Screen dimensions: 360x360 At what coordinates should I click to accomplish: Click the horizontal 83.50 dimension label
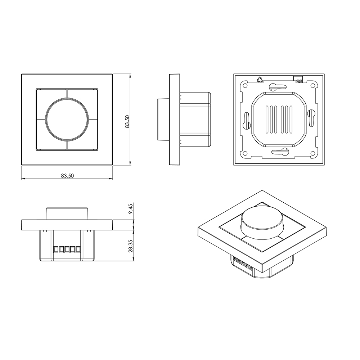67,176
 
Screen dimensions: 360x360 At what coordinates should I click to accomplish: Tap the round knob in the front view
67,120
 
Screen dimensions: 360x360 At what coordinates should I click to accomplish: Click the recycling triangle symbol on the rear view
259,80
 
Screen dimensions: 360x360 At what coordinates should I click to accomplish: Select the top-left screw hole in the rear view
245,86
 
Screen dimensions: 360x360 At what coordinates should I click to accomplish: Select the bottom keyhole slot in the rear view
279,152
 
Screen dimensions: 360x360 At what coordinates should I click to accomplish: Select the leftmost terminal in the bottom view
56,249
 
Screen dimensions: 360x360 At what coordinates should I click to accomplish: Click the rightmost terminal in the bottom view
77,249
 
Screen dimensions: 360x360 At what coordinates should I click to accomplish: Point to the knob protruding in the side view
163,120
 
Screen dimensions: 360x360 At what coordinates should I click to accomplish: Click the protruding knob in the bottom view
67,213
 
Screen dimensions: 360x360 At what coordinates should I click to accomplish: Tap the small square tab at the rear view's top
298,79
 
